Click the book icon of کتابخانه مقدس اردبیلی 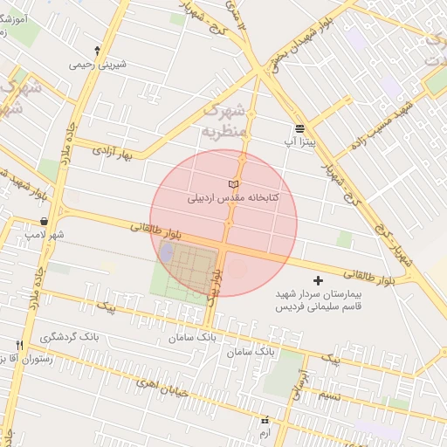coord(232,184)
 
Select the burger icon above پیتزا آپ coord(299,127)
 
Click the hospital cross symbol coord(317,280)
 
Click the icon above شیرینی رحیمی coord(97,51)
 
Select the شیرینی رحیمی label coord(97,64)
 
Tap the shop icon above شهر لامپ coord(44,222)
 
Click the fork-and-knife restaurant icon coord(19,345)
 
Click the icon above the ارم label coord(265,421)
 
